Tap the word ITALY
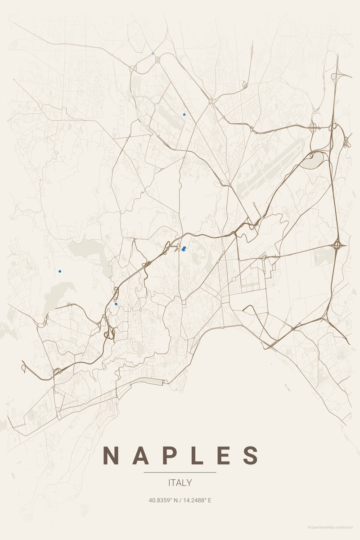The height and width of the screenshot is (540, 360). (x=180, y=483)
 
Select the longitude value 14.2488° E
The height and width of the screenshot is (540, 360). (x=197, y=500)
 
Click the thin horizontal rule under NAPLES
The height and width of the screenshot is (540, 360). (x=180, y=472)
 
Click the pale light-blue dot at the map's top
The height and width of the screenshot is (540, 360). (x=153, y=53)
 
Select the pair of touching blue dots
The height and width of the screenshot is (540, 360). (x=184, y=248)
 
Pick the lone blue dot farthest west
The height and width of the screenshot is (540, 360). (x=59, y=271)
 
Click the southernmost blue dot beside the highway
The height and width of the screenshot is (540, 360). (x=116, y=304)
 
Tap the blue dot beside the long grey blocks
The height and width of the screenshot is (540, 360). (x=184, y=114)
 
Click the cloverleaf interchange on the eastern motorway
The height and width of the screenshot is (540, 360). (x=338, y=246)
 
